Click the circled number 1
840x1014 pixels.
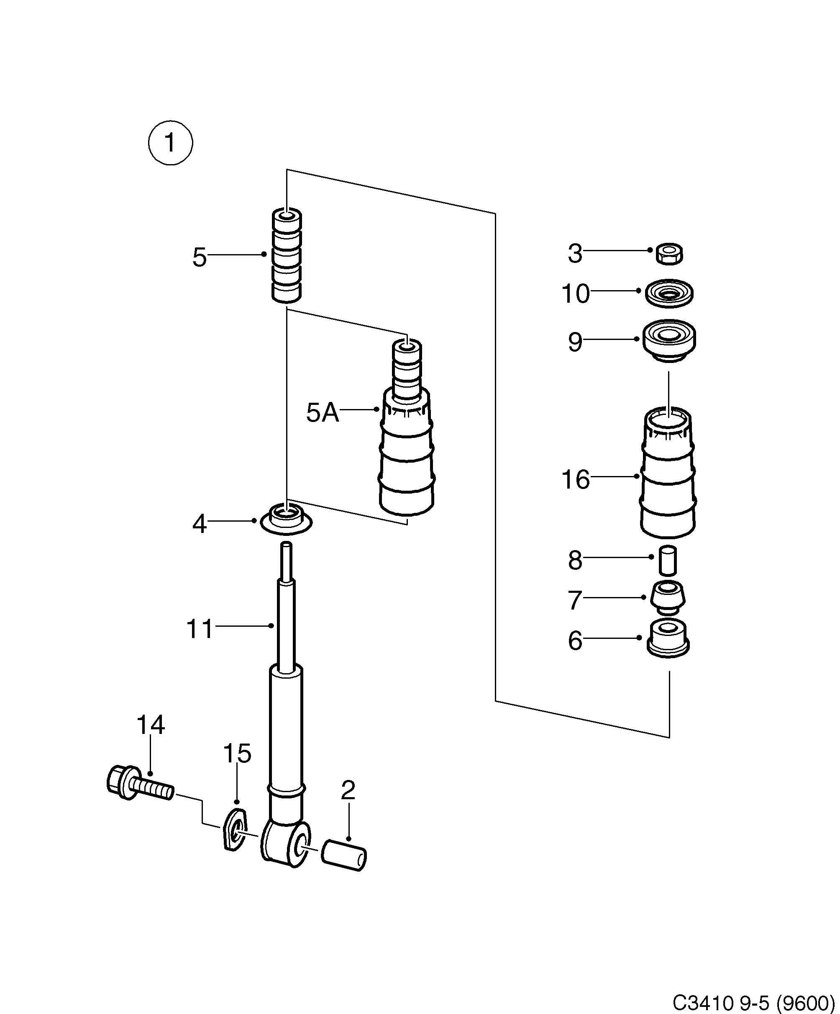170,143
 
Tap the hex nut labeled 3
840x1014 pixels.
669,254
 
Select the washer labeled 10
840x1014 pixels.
669,293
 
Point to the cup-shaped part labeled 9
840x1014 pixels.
669,340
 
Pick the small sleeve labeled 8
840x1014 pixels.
668,560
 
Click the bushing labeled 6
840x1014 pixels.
668,638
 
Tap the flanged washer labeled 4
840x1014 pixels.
286,520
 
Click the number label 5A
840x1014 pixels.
322,413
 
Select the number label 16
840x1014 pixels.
575,479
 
